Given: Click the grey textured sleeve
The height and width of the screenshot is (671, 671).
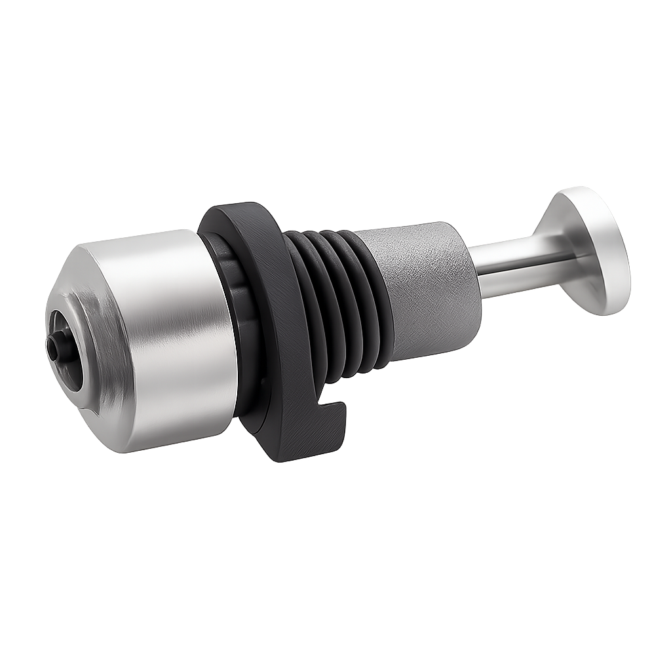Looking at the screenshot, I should click(426, 288).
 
